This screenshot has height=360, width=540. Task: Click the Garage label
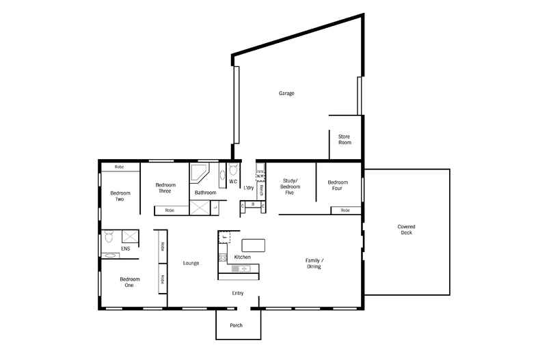click(x=286, y=93)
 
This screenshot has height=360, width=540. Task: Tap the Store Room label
click(x=345, y=139)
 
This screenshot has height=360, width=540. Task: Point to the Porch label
click(x=236, y=325)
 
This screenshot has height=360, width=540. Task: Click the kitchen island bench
click(x=252, y=245)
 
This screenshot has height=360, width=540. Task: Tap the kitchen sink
click(x=242, y=269)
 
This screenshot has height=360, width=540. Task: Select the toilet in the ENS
click(x=109, y=238)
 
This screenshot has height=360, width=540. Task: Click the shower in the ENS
click(x=130, y=237)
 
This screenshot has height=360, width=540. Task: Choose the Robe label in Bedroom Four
click(x=345, y=210)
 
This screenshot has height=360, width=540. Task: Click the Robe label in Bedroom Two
click(x=119, y=167)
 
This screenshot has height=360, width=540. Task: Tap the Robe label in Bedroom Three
click(x=169, y=210)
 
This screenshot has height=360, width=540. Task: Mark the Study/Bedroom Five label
click(x=288, y=187)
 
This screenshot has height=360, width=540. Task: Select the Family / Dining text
click(x=314, y=264)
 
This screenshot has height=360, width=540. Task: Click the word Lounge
click(x=191, y=263)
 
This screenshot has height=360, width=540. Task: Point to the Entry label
click(x=238, y=293)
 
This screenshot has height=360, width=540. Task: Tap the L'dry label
click(x=249, y=187)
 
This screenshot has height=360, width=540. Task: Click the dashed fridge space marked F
click(x=224, y=238)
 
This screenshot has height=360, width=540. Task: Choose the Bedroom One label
click(x=130, y=282)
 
